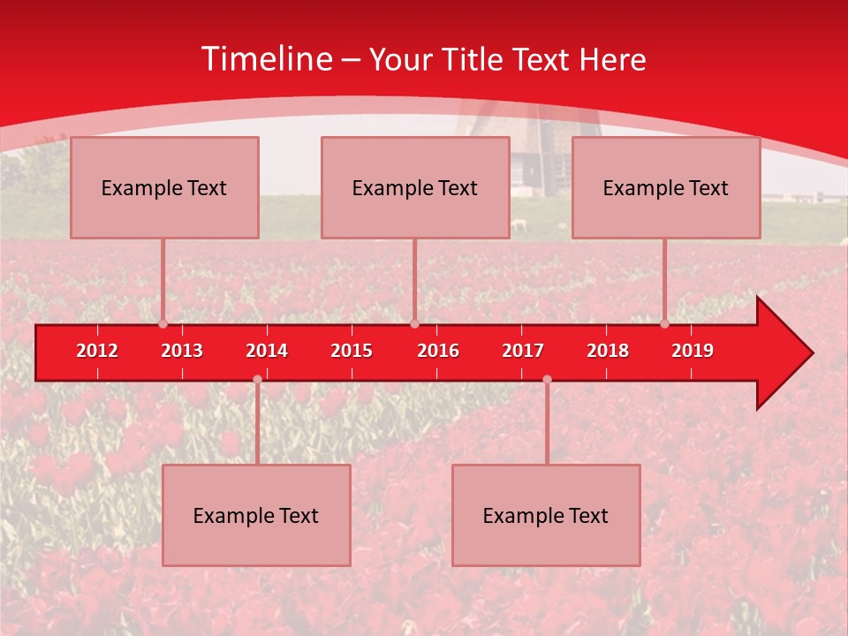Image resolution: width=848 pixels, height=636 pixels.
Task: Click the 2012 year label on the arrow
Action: coord(97,351)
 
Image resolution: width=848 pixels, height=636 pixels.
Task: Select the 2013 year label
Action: coord(182,351)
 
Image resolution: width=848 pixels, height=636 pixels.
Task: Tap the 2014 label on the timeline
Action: coord(267,351)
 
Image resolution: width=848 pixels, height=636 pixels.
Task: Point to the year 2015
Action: coord(352,351)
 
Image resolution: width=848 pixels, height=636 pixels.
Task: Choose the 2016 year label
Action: coord(438,351)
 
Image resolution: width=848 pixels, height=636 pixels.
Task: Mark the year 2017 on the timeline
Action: coord(523,351)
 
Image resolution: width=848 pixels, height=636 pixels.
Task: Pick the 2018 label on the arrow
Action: coord(608,351)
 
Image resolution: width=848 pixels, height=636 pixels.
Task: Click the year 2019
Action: coord(693,351)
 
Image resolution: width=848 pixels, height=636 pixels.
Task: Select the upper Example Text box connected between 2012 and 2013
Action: coord(164,187)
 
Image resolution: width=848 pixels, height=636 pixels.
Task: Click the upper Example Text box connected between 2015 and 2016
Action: coord(415,187)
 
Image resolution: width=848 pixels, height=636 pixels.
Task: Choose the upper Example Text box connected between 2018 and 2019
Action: coord(666,187)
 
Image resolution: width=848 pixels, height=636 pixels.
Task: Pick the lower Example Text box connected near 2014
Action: coord(256,515)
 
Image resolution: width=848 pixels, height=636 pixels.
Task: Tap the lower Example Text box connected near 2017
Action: coord(546,515)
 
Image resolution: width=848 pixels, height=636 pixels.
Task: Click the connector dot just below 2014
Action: coord(257,380)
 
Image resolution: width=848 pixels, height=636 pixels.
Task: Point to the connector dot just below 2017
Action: coord(547,380)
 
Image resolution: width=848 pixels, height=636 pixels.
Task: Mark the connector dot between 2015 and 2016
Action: coord(414,324)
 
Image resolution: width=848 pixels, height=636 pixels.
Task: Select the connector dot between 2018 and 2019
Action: coord(665,324)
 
